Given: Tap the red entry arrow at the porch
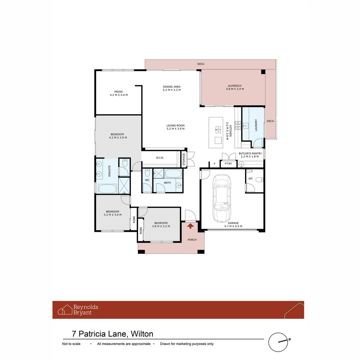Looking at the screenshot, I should [x=190, y=226].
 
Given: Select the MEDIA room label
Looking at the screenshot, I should [x=119, y=93].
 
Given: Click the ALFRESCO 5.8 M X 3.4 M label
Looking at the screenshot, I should [x=235, y=87].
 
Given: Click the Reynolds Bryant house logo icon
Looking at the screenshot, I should [x=65, y=310].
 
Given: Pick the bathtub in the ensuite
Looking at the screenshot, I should [x=107, y=189].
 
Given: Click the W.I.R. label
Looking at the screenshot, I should [x=160, y=158].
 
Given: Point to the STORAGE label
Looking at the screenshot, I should [x=183, y=159].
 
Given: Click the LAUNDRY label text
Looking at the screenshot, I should [x=256, y=125].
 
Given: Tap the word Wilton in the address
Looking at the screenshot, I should [x=142, y=334].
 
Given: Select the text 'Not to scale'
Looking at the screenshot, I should [x=71, y=344].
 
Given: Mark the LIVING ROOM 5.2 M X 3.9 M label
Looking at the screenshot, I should [x=175, y=127].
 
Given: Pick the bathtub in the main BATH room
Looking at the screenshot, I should [x=173, y=174].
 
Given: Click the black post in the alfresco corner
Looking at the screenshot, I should [x=263, y=72].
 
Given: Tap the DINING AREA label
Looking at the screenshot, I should [x=171, y=88].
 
